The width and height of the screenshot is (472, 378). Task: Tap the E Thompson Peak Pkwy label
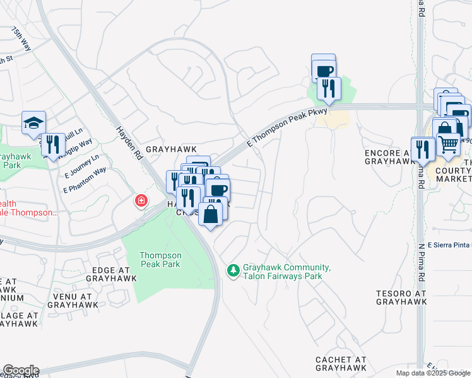click(x=287, y=127)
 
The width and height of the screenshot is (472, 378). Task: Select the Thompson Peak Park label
click(x=160, y=260)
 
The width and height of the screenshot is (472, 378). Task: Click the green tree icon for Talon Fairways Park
click(x=233, y=270)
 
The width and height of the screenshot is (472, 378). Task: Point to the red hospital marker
click(x=141, y=201)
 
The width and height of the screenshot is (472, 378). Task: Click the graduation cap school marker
click(x=33, y=123)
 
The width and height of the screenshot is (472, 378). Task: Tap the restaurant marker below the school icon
click(x=52, y=144)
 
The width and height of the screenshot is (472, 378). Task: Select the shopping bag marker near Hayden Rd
click(x=211, y=213)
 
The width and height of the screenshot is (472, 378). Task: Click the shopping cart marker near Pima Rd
click(x=448, y=144)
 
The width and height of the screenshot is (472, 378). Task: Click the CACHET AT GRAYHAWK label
click(x=341, y=364)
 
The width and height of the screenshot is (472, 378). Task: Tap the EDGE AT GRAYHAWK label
click(x=111, y=273)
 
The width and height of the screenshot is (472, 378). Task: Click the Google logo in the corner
click(x=20, y=370)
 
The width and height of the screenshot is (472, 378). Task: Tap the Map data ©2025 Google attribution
click(x=433, y=373)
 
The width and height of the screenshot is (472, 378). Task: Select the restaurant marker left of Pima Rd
click(x=422, y=149)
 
